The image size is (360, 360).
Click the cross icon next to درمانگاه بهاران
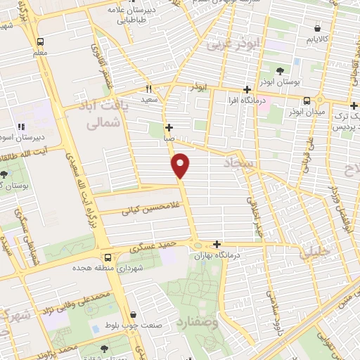(226, 244)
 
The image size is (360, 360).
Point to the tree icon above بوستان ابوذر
(280, 70)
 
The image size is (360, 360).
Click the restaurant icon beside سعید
(148, 89)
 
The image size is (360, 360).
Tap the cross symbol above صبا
(169, 127)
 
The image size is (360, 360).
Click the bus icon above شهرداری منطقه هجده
(108, 257)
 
